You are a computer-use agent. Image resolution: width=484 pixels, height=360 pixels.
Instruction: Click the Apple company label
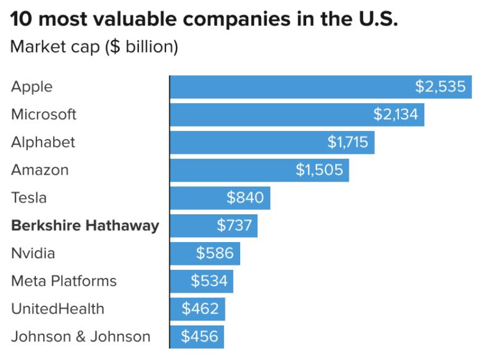coord(31,87)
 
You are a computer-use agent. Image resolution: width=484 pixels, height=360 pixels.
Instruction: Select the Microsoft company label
coord(44,115)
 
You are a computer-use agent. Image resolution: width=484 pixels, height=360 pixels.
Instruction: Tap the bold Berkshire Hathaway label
coord(85,226)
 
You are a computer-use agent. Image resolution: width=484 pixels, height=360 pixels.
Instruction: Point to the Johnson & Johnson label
coord(80,337)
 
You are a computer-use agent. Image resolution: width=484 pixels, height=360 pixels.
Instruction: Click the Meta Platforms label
coord(64,282)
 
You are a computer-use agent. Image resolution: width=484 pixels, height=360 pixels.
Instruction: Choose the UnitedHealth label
coord(57,309)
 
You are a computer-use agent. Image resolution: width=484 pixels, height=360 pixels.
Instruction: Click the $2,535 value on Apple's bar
coord(440,87)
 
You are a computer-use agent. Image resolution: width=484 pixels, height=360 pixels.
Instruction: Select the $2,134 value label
coord(395,115)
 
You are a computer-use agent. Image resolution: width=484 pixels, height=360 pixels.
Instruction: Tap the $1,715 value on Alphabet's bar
coord(347,143)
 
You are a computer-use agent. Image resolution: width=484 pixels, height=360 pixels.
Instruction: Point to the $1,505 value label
coord(319,170)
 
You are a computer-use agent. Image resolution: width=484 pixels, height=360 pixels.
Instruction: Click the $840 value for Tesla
coord(244,198)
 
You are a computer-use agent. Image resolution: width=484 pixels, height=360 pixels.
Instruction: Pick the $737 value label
coord(234,226)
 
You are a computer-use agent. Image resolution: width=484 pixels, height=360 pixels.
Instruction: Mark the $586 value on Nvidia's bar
coord(214,254)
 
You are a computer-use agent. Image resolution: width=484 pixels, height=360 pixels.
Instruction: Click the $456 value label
coord(199,337)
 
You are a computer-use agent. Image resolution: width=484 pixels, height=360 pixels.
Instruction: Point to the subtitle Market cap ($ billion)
coord(94,47)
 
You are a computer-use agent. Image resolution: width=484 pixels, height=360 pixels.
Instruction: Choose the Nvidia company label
coord(33,254)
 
